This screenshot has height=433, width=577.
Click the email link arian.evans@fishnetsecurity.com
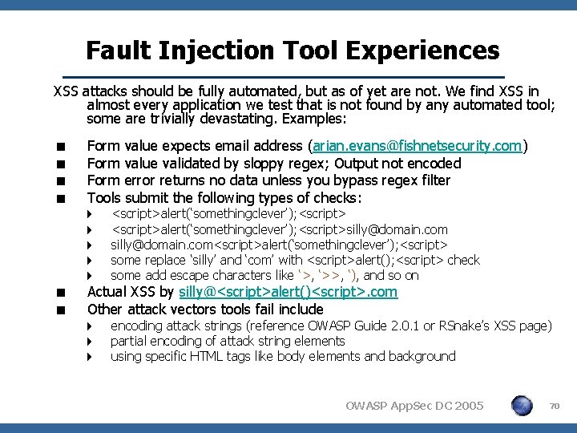tap(417, 146)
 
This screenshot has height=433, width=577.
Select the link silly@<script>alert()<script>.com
tap(288, 292)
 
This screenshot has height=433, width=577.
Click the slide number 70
tap(553, 407)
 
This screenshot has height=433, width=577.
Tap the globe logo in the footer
tap(522, 406)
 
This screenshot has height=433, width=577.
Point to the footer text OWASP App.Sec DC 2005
tap(414, 407)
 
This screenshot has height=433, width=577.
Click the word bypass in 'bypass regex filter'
tap(361, 180)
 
